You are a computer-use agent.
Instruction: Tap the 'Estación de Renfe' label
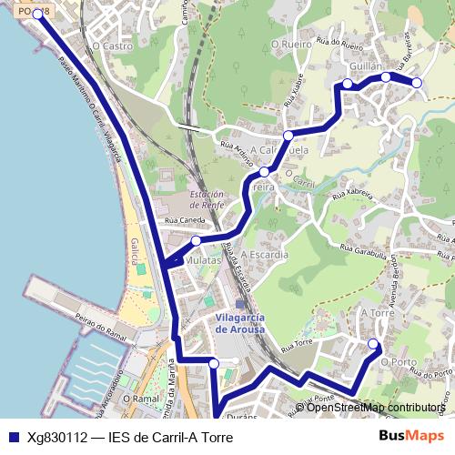tap(207, 199)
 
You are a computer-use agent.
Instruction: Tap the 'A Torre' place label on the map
tap(377, 312)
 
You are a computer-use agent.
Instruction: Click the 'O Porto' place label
tap(399, 362)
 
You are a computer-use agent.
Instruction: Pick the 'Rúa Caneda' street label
tap(185, 220)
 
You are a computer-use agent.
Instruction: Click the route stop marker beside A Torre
tap(373, 343)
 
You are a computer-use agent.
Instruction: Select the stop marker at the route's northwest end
tap(37, 15)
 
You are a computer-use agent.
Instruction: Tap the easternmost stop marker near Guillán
tap(417, 83)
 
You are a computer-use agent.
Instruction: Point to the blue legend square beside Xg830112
tap(13, 438)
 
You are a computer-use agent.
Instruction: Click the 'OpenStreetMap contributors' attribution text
tap(375, 408)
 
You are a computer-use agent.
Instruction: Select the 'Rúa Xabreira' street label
tap(353, 194)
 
